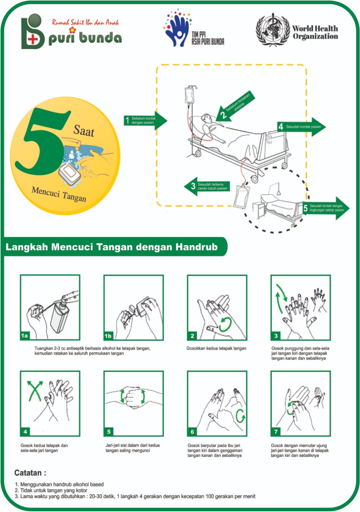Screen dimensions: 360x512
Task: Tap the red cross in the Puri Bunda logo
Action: pos(33,40)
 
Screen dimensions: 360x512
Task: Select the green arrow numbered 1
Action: pos(146,120)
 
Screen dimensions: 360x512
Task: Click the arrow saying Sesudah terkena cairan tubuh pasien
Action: pos(207,186)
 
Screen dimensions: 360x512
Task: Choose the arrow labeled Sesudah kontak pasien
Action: pos(302,127)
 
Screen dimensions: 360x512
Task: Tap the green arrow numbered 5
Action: pos(326,208)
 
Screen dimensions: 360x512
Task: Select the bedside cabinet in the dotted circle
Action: pos(258,210)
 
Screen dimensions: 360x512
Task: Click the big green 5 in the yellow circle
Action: pos(42,142)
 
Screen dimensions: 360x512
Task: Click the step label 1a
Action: pos(24,336)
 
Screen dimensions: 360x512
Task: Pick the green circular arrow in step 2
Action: pos(225,324)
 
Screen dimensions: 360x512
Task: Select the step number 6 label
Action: pos(192,432)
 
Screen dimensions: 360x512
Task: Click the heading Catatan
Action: pos(30,473)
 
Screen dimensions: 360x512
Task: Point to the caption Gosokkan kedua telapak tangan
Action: pos(216,348)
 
